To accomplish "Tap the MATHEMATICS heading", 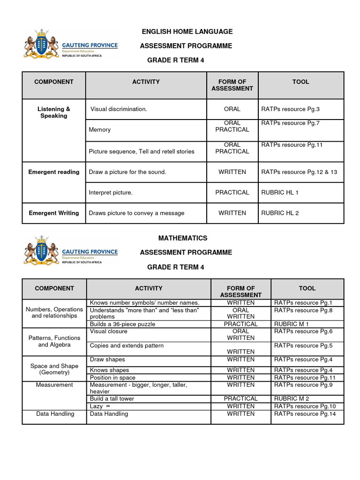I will point(182,238).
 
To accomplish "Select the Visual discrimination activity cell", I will point(119,109).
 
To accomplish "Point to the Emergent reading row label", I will point(54,172).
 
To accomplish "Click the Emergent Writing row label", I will point(54,213).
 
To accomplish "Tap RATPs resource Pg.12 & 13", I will point(299,172).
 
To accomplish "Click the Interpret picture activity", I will point(111,193).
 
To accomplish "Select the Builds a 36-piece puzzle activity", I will point(122,324).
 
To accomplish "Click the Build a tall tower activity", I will point(112,398).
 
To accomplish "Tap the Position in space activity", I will point(112,377).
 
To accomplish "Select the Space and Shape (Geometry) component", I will point(54,369).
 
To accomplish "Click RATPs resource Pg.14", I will point(305,414).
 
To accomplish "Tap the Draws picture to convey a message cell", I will point(136,213).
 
